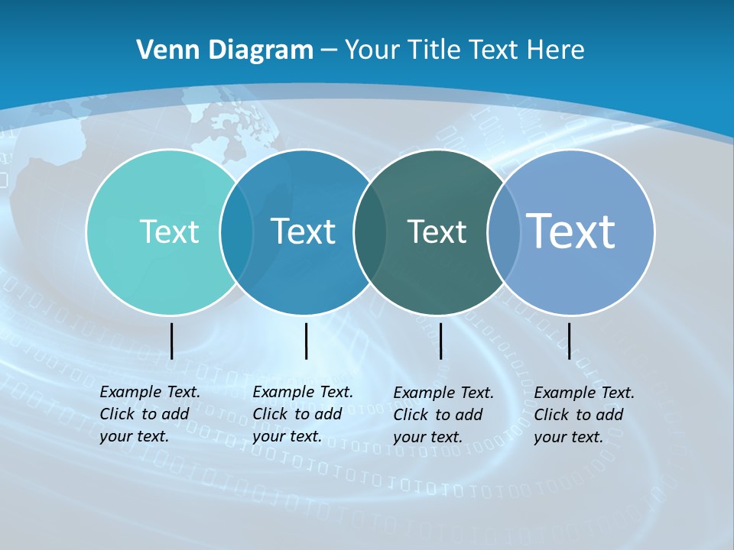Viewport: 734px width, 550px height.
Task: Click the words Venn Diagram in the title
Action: click(x=225, y=50)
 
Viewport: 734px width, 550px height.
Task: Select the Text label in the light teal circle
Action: click(x=169, y=231)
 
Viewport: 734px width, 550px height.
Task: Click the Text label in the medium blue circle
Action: click(x=304, y=231)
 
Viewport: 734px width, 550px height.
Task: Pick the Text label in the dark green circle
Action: click(x=437, y=231)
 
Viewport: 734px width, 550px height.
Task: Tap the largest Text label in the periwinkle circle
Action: click(x=571, y=231)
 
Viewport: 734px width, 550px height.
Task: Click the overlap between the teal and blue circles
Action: click(x=236, y=232)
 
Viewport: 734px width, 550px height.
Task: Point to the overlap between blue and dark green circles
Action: click(x=370, y=232)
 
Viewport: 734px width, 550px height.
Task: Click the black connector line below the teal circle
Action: click(x=171, y=341)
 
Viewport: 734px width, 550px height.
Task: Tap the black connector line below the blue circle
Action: click(x=306, y=341)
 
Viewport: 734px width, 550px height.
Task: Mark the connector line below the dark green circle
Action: click(x=440, y=341)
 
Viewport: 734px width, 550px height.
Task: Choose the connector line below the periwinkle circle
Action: click(x=569, y=341)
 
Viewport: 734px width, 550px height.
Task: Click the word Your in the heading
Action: click(x=372, y=50)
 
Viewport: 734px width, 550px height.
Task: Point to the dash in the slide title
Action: click(x=329, y=51)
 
